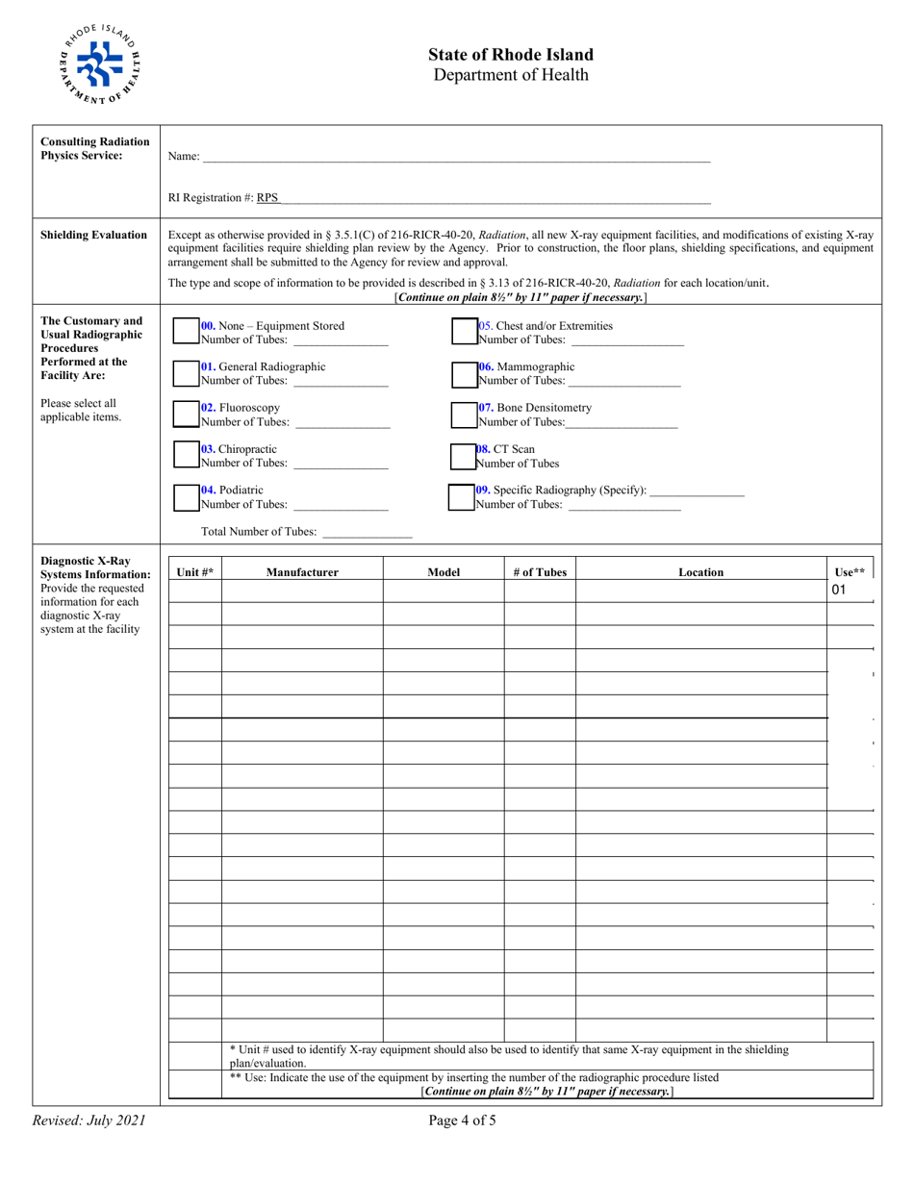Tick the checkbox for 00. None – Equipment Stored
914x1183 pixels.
tap(186, 332)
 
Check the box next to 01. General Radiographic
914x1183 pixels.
tap(186, 372)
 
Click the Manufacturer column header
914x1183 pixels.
tap(302, 572)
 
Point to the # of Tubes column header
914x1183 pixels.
tap(540, 572)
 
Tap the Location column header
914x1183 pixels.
tap(700, 572)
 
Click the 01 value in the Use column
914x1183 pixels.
tap(838, 591)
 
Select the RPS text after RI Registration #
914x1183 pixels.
tap(267, 198)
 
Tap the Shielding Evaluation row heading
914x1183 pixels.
tap(94, 234)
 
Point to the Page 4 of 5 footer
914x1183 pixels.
tap(466, 1120)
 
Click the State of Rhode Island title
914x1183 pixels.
tap(511, 55)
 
